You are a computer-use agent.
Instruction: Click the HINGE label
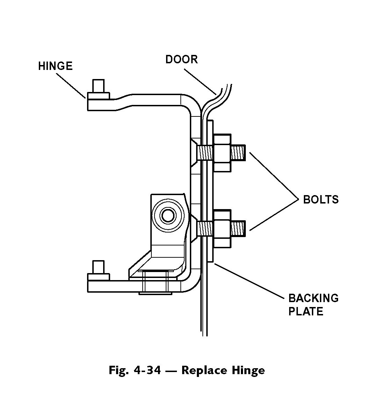[55, 66]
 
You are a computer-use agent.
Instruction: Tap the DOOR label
[181, 59]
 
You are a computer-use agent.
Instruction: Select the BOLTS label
[321, 199]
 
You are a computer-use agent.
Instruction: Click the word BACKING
[313, 298]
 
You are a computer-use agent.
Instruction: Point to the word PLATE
[306, 311]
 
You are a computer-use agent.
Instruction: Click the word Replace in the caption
[201, 370]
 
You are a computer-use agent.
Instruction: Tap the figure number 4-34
[147, 370]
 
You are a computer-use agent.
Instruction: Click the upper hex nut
[222, 153]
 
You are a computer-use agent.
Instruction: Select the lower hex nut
[222, 229]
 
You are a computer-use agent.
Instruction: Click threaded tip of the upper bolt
[238, 152]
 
